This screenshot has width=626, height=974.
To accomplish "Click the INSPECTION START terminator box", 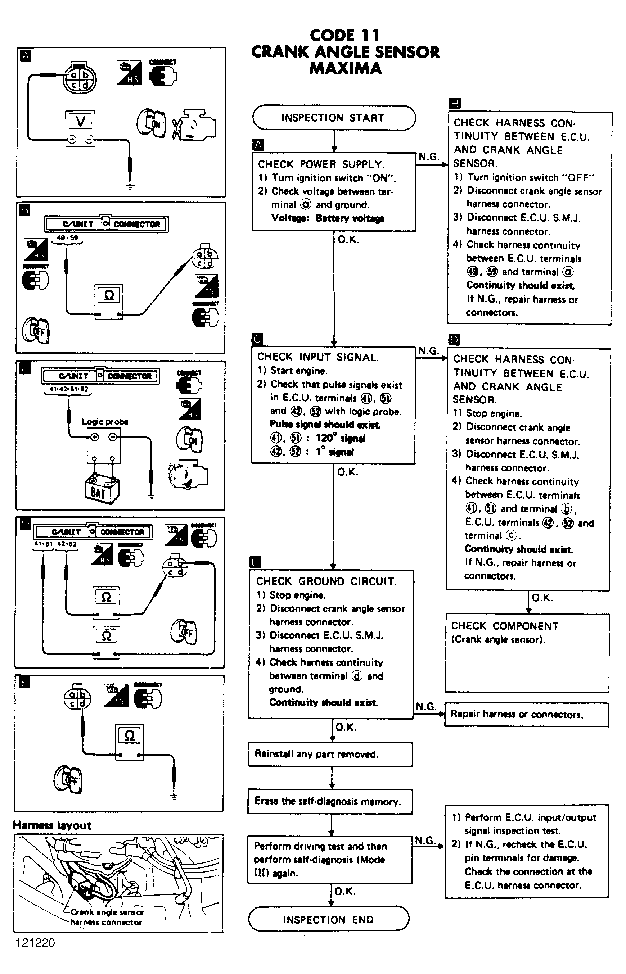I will [333, 118].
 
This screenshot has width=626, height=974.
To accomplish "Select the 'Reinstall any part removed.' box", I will [330, 754].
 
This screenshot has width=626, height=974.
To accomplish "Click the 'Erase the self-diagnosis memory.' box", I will [330, 801].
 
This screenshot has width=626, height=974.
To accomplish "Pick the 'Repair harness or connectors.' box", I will [526, 715].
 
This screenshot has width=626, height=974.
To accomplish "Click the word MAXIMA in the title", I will [346, 68].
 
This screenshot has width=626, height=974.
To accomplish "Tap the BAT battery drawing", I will [102, 489].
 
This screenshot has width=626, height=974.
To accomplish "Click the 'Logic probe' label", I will [105, 422].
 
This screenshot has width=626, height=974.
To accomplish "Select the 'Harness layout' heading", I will [52, 825].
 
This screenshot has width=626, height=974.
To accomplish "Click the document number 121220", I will [35, 943].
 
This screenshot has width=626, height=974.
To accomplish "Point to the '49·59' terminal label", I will [67, 237].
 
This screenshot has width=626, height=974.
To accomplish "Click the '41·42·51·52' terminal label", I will [68, 389].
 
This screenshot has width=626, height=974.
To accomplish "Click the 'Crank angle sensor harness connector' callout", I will [107, 917].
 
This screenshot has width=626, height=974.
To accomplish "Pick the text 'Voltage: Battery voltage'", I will [328, 218].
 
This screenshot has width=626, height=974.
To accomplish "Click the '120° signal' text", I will [340, 438].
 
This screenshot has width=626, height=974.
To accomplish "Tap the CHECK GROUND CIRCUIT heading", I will [326, 581].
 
